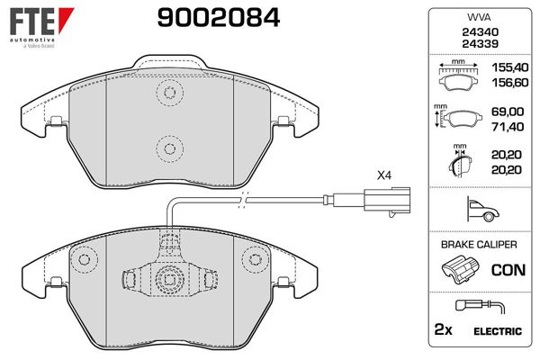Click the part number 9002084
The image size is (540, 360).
point(219,18)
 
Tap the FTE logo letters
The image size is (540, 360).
point(32,22)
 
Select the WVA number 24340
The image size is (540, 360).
point(480,32)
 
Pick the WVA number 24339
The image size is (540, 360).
point(480,44)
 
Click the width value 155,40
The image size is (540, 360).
point(509,67)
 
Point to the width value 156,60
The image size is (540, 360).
point(509,83)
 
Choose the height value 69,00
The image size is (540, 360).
point(508,112)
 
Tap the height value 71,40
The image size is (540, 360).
point(508,127)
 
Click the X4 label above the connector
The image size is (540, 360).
point(384,175)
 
